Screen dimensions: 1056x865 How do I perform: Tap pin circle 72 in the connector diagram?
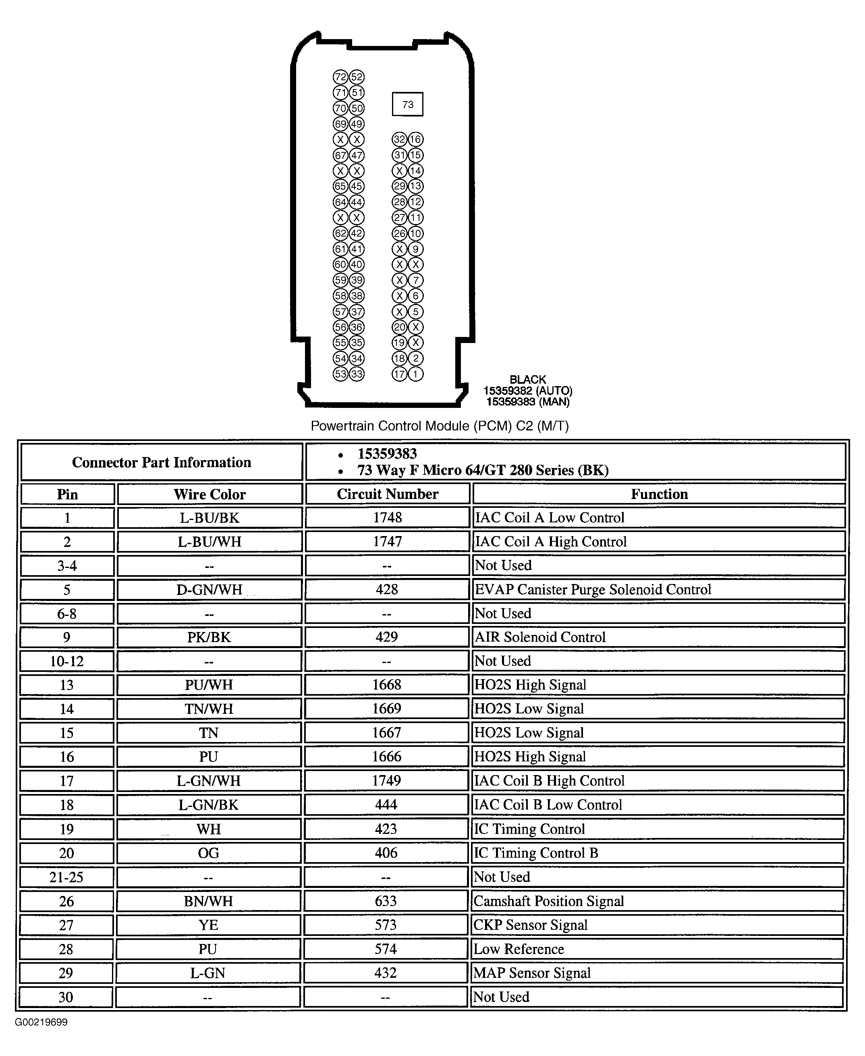tap(340, 77)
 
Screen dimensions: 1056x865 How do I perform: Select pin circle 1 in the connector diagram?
tap(415, 374)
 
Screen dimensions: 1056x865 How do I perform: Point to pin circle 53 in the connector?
tap(340, 374)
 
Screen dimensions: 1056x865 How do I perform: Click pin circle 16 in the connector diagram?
tap(415, 139)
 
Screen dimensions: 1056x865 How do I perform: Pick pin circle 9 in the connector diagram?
tap(415, 249)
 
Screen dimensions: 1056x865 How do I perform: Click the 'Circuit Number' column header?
tap(387, 494)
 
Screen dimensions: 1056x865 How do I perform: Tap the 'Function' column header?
tap(659, 494)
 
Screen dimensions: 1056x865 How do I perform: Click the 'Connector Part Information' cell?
tap(162, 462)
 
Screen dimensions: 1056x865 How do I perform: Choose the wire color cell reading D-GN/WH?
tap(209, 590)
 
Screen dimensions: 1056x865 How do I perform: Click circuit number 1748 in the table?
tap(387, 517)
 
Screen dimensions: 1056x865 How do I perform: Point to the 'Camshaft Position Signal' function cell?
tap(549, 901)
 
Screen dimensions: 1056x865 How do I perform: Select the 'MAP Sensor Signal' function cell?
tap(532, 973)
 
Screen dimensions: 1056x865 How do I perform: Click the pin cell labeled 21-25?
tap(66, 877)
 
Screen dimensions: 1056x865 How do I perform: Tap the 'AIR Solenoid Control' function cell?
tap(539, 637)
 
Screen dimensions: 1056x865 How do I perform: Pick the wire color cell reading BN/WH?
tap(208, 901)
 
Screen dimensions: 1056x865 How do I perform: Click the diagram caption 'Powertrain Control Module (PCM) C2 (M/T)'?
tap(440, 426)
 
